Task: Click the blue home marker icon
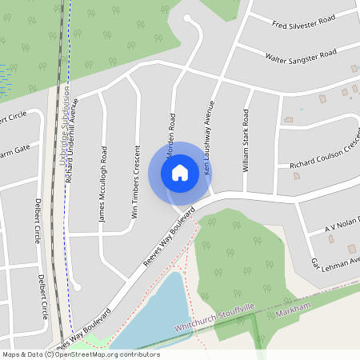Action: click(180, 173)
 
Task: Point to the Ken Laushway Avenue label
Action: click(210, 138)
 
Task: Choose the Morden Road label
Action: click(170, 131)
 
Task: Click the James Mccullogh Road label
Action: click(102, 183)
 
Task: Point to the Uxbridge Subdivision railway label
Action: click(64, 128)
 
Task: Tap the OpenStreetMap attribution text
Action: click(81, 354)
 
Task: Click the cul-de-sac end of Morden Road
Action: click(187, 18)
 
